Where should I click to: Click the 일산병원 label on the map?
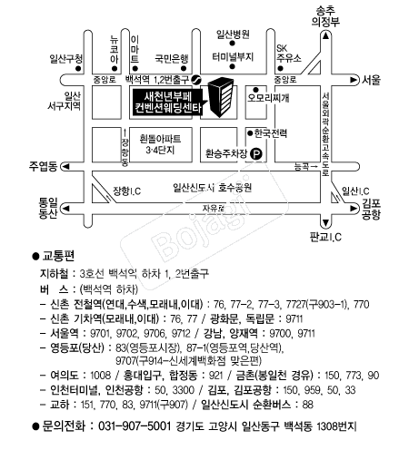click(x=233, y=34)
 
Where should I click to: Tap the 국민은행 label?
click(x=172, y=58)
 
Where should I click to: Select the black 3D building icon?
click(x=221, y=97)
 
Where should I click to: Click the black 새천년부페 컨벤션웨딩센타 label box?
click(x=167, y=103)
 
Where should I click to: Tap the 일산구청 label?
click(x=66, y=59)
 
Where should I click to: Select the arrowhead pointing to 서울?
click(x=354, y=80)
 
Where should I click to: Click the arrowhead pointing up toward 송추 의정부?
click(x=325, y=36)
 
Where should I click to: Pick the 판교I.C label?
click(x=325, y=237)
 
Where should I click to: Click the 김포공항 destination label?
click(x=371, y=209)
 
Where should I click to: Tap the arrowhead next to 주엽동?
click(x=65, y=167)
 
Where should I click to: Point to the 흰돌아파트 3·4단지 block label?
click(x=160, y=144)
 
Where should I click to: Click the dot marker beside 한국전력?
click(x=250, y=133)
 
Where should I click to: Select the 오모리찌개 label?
click(x=268, y=98)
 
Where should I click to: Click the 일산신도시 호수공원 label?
click(x=212, y=188)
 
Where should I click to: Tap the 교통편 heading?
click(x=58, y=256)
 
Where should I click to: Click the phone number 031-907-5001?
click(x=135, y=426)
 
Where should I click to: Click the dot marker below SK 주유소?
click(x=281, y=68)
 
